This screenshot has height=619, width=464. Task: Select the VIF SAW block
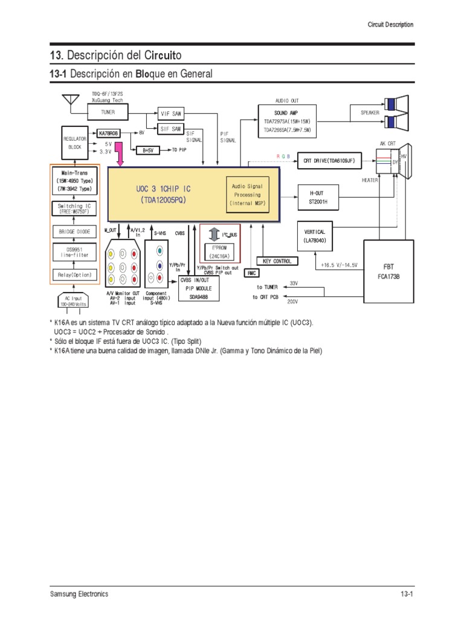pyautogui.click(x=171, y=113)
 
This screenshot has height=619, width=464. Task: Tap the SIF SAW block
pyautogui.click(x=171, y=129)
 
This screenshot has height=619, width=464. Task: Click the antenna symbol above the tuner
pyautogui.click(x=72, y=99)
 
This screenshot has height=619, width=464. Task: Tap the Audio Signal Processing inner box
pyautogui.click(x=247, y=195)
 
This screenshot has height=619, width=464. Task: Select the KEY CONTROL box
pyautogui.click(x=277, y=261)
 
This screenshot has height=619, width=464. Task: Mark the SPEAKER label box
pyautogui.click(x=370, y=112)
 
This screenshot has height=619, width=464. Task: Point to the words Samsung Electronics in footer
pyautogui.click(x=79, y=594)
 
